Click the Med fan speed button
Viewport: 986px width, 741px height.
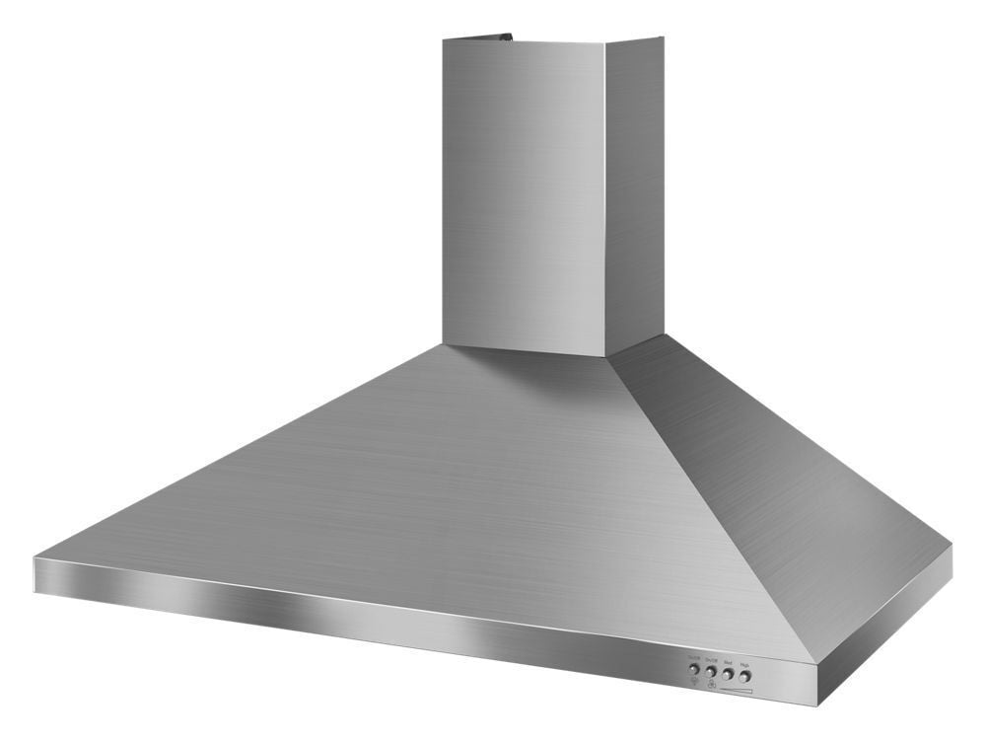tap(728, 676)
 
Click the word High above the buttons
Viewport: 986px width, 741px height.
tap(745, 666)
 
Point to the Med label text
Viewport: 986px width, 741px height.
tap(728, 664)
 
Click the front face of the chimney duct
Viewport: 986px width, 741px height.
tap(523, 197)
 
